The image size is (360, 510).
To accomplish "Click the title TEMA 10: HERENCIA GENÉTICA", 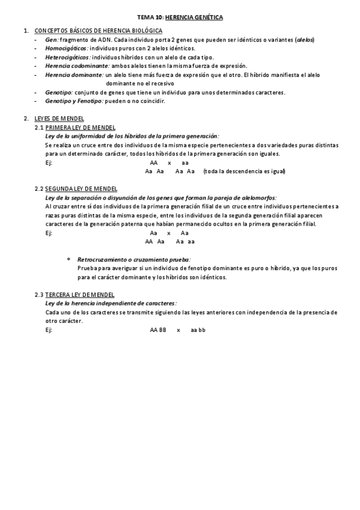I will coord(180,19).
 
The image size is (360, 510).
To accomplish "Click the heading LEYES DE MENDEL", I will coord(59,118).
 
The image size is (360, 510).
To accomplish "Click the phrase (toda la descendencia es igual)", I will coord(244,171).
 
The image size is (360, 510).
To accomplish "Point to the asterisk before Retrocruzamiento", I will coord(69,260).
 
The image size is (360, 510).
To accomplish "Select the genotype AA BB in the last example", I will coord(158,330).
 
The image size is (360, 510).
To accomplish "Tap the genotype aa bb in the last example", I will coord(198,330).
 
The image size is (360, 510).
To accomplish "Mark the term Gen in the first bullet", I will coord(51,40).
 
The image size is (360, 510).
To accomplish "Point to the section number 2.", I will coord(25,118).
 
